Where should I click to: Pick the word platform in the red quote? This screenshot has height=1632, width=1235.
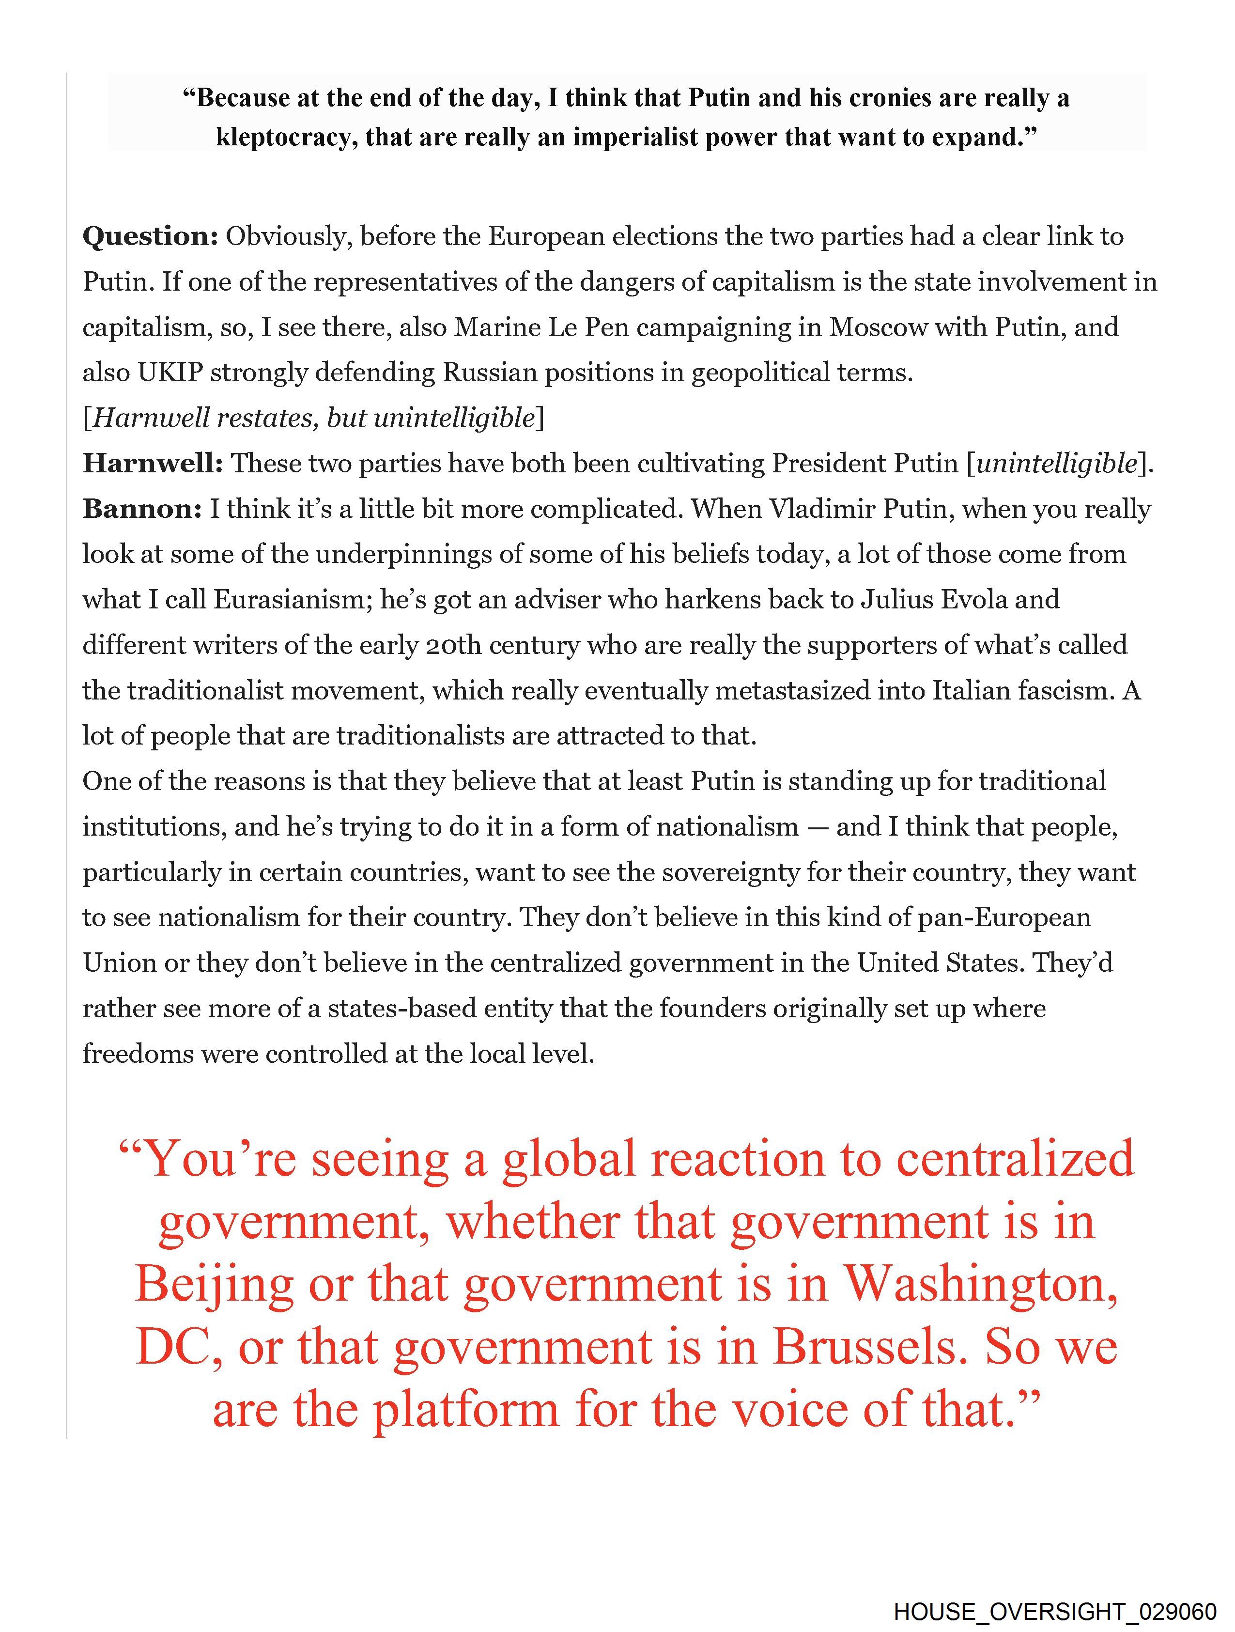click(x=465, y=1410)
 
